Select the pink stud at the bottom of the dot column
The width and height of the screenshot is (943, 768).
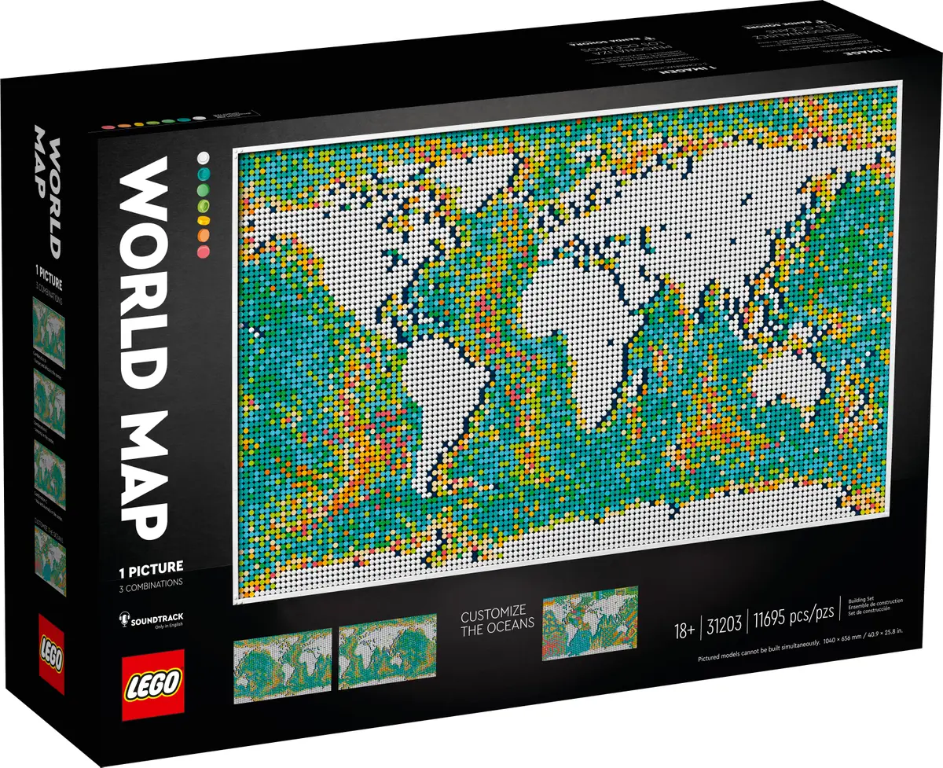point(205,251)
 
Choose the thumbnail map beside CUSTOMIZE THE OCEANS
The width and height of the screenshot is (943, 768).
point(589,623)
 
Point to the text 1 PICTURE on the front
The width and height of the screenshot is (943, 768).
point(150,566)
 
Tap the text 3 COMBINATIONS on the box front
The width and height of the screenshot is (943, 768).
point(150,582)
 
